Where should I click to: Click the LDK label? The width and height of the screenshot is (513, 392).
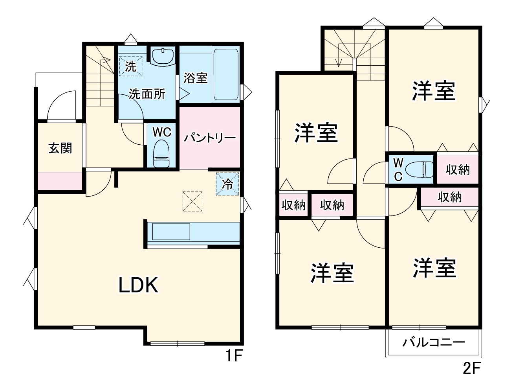point(138,285)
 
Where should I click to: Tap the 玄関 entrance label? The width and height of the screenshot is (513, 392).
point(60,148)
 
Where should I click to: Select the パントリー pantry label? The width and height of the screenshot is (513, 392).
point(210,138)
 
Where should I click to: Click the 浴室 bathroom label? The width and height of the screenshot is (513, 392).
point(195,78)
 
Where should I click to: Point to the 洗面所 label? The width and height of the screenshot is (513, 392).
point(147,94)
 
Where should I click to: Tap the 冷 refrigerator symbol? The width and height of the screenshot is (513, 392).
point(227,184)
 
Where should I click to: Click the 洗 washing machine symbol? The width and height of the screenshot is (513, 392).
point(130,66)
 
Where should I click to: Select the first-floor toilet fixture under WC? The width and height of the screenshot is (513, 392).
point(161,155)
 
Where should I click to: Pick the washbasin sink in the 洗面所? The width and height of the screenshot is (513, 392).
point(163,57)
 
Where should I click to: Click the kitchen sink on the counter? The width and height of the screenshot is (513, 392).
point(171,232)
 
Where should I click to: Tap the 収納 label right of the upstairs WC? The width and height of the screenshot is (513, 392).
point(458,169)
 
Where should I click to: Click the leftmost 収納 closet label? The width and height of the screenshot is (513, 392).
point(293,205)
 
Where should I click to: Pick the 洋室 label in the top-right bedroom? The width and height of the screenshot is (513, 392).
point(434,91)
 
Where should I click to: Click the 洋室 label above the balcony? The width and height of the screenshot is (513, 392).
point(434,268)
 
